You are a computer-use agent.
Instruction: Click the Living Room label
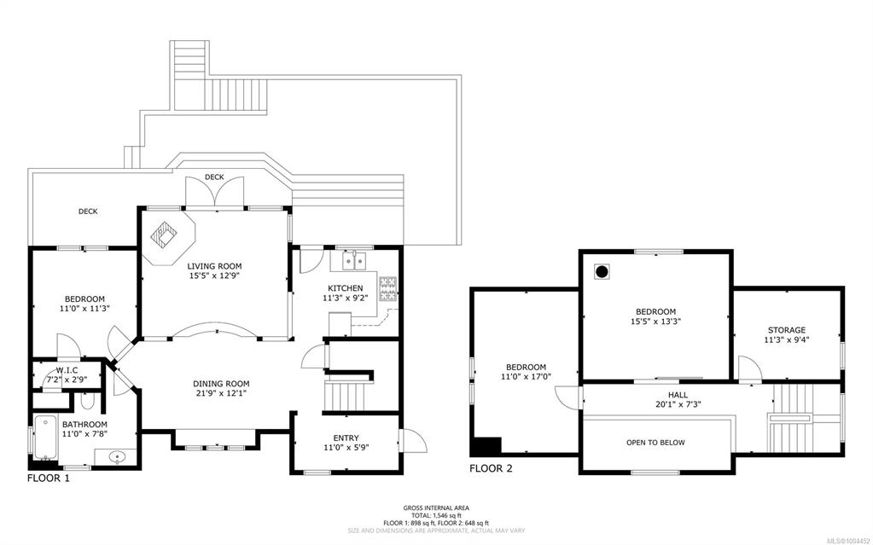click(214, 266)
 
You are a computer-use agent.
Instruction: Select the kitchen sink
click(354, 260)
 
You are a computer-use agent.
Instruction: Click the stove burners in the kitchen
click(388, 289)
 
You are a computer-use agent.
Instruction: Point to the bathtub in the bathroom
click(44, 438)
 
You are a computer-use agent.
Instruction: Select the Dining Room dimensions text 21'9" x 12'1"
click(221, 392)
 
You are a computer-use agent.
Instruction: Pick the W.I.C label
click(67, 370)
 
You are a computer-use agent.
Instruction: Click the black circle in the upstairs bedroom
click(602, 272)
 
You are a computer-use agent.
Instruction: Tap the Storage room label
click(787, 330)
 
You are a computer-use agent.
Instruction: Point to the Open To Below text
click(656, 443)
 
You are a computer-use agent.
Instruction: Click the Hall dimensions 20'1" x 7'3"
click(678, 405)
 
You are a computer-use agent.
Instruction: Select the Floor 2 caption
click(491, 469)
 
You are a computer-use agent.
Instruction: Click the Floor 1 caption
click(49, 478)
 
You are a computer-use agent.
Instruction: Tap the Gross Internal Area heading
click(437, 507)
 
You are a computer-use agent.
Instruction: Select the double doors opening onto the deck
click(214, 192)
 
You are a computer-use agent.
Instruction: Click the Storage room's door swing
click(750, 369)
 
